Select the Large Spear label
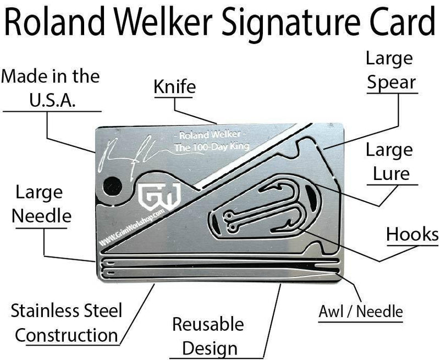pos(391,70)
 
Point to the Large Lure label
pos(388,162)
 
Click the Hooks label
pos(412,234)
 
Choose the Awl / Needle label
pos(361,312)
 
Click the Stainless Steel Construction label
pos(66,323)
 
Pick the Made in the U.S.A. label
pos(50,88)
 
